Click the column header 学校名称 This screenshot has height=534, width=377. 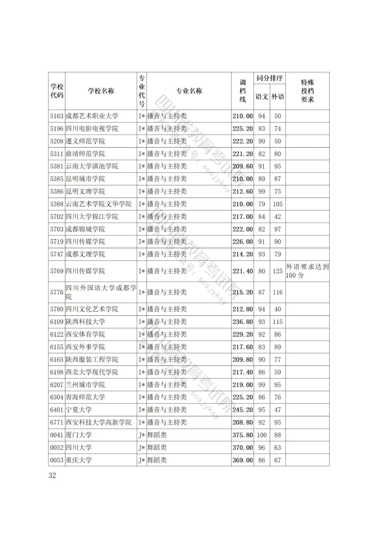point(101,91)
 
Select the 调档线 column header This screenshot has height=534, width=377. point(243,91)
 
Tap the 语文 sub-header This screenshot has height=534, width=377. point(262,97)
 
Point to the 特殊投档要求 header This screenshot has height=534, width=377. point(307,91)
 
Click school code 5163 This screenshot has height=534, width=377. point(57,116)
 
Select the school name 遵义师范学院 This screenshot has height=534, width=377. point(85,141)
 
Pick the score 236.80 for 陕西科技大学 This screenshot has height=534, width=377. point(243,322)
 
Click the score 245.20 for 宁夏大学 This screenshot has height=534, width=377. point(243,410)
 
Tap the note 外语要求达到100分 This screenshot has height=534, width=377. point(307,271)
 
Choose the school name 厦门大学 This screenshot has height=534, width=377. point(79,435)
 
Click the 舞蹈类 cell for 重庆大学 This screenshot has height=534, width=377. point(157,460)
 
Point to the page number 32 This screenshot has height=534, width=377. point(52,475)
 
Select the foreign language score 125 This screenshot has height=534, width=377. point(278,271)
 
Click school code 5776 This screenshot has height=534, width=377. point(57,292)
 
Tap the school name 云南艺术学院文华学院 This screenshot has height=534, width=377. point(99,204)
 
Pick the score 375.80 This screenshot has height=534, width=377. point(243,435)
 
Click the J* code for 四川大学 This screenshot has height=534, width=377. point(141,448)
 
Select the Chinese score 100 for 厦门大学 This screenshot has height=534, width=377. point(262,435)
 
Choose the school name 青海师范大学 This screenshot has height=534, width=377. point(85,397)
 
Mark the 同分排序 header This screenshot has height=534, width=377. point(269,78)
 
